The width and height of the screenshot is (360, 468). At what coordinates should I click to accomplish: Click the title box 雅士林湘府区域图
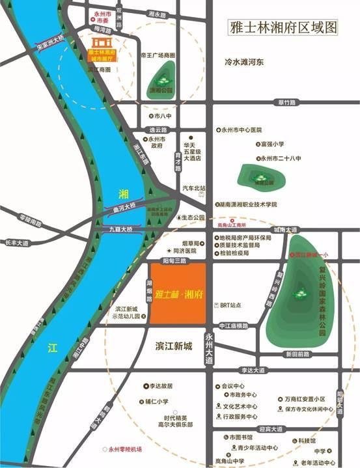click(x=284, y=28)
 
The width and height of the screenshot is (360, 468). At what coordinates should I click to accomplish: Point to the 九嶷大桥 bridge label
click(x=120, y=229)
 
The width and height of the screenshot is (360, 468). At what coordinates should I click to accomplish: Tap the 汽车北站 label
click(x=193, y=187)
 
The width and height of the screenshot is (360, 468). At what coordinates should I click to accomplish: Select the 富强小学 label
click(x=272, y=144)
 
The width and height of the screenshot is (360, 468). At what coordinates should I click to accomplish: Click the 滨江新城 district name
click(x=174, y=346)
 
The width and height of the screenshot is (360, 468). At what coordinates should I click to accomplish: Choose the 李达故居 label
click(x=158, y=386)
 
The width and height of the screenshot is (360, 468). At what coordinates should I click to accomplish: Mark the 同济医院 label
click(x=183, y=251)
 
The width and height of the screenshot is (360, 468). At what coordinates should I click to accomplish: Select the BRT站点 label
click(x=230, y=304)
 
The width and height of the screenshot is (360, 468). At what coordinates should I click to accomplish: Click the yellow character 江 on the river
click(x=52, y=348)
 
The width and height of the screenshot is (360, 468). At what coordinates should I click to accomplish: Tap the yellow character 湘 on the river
click(x=124, y=194)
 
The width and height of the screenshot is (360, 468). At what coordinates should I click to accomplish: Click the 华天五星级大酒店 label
click(x=193, y=152)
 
